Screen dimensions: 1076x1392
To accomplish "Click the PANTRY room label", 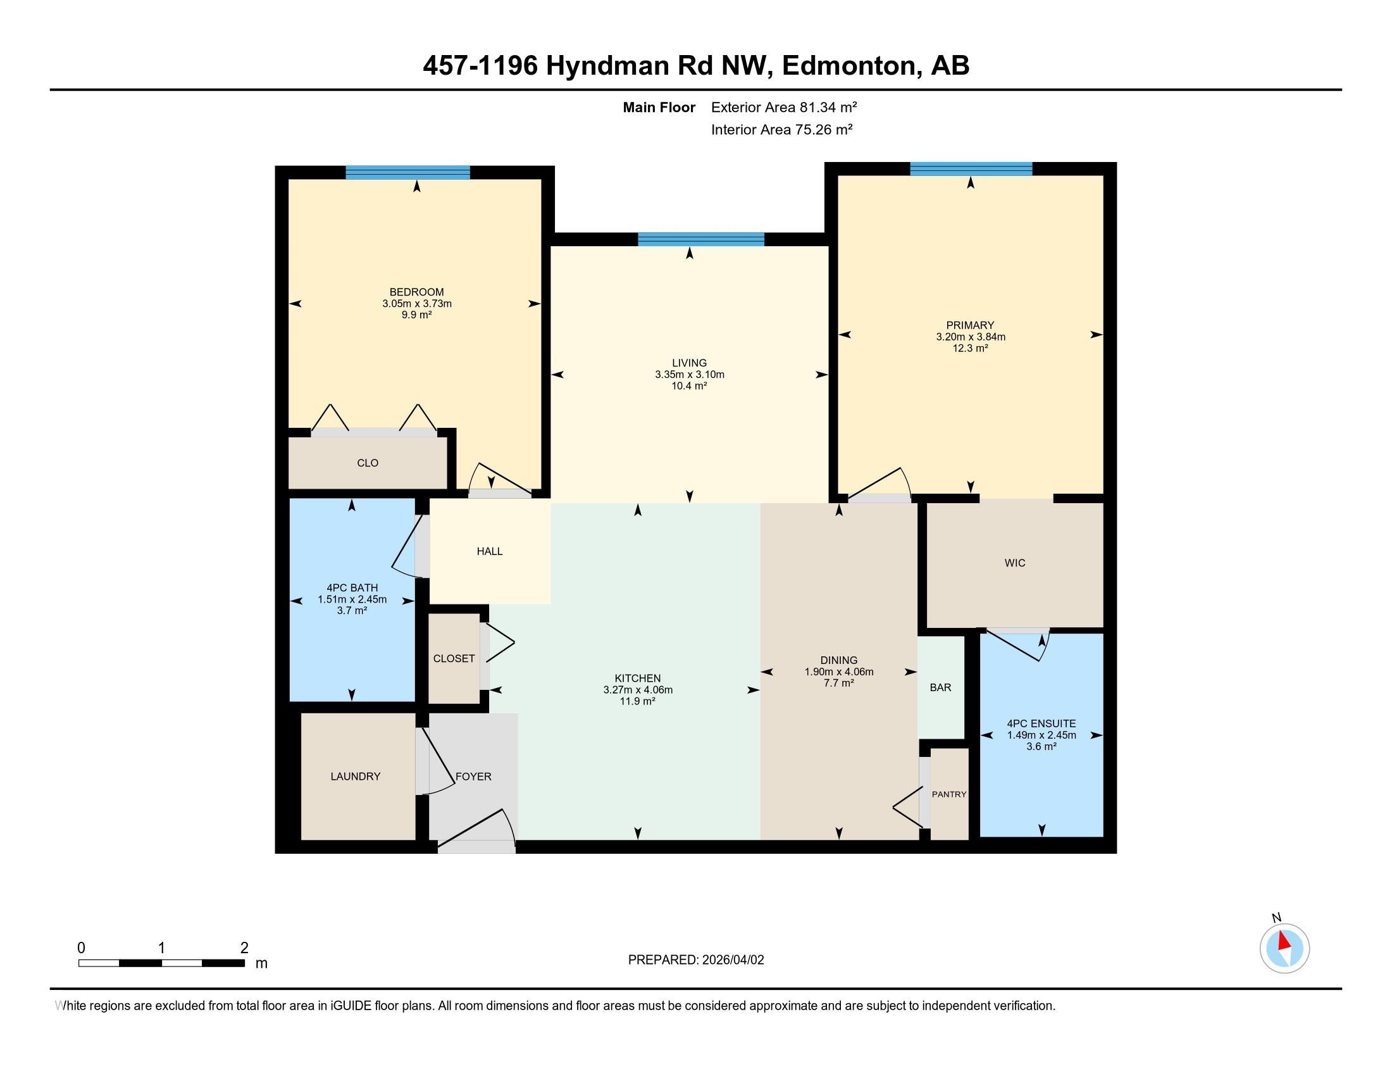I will coord(949,794).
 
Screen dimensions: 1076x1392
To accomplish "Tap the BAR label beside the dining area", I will coord(940,687).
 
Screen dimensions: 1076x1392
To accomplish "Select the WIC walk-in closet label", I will coord(1015,563).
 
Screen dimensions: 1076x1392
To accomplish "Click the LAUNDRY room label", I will coord(355,777).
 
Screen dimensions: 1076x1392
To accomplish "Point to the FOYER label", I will coord(473,777).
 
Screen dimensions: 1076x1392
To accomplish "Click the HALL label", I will coord(490,551).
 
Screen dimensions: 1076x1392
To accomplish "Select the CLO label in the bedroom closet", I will coord(368,463).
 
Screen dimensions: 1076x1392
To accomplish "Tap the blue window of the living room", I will coord(700,239).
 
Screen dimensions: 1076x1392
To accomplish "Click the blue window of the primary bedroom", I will coord(971,169).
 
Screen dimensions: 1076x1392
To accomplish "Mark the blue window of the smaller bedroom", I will coord(408,172).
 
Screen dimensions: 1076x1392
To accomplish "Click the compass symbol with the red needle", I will coord(1284,948).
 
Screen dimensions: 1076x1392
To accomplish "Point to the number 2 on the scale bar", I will coord(244,948).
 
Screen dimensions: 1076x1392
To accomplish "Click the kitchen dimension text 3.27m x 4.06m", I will coord(638,690).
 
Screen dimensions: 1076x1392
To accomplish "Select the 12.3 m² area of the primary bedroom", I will coord(970,348).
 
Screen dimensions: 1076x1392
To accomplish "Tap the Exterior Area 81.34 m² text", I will coord(784,107).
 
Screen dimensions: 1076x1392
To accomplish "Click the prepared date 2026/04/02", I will coord(731,960).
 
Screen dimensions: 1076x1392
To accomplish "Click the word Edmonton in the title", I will coord(848,66).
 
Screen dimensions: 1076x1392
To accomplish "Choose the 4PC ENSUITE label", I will coord(1041,723).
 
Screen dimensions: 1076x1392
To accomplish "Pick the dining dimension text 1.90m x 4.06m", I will coord(839,672).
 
